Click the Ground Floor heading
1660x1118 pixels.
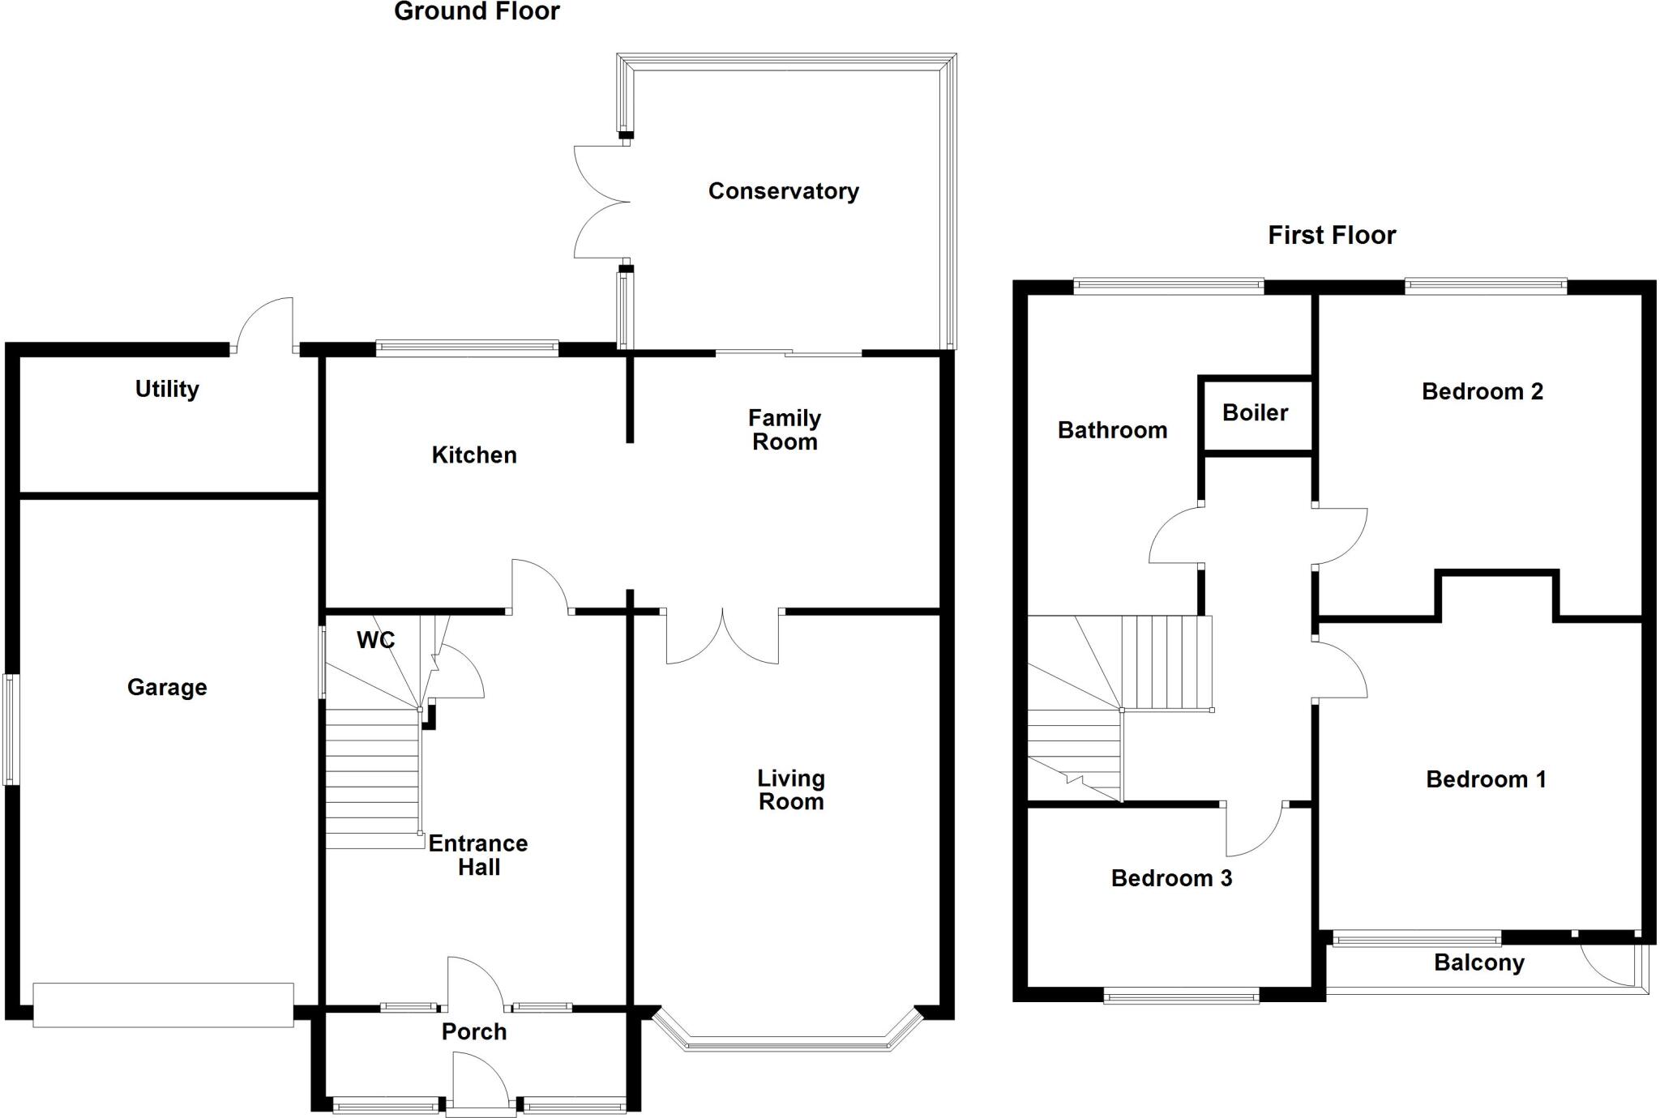click(x=477, y=12)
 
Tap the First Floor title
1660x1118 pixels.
click(x=1331, y=235)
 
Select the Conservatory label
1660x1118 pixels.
click(x=783, y=191)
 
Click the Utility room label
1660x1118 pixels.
click(x=167, y=389)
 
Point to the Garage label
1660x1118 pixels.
click(x=167, y=687)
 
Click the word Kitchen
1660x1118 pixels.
click(x=474, y=454)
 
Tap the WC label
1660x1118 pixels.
click(x=375, y=640)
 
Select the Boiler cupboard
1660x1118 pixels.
click(x=1255, y=413)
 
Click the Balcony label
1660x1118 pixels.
click(x=1478, y=962)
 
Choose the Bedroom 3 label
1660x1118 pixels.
click(x=1171, y=878)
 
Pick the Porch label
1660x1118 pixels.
click(x=474, y=1031)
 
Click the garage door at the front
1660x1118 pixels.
click(x=163, y=1005)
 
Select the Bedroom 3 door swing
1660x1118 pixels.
click(x=1255, y=830)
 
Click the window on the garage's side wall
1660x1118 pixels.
click(x=11, y=729)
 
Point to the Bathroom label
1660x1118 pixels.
click(x=1112, y=430)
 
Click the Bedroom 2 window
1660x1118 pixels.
click(x=1485, y=284)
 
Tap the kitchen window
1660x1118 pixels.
click(x=467, y=349)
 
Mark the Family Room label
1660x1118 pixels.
click(x=784, y=430)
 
